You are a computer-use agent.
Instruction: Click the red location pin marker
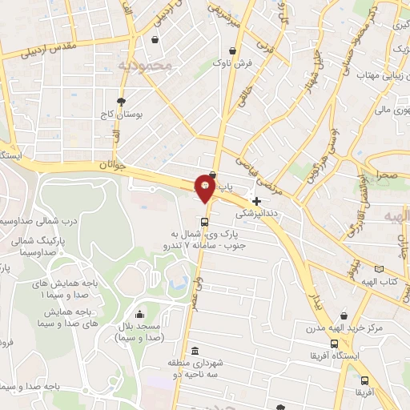click(205, 188)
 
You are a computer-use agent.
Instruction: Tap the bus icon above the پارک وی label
click(205, 222)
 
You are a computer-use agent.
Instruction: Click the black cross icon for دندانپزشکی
click(256, 201)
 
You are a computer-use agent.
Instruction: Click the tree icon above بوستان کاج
click(121, 101)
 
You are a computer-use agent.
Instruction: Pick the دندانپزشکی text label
click(256, 215)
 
